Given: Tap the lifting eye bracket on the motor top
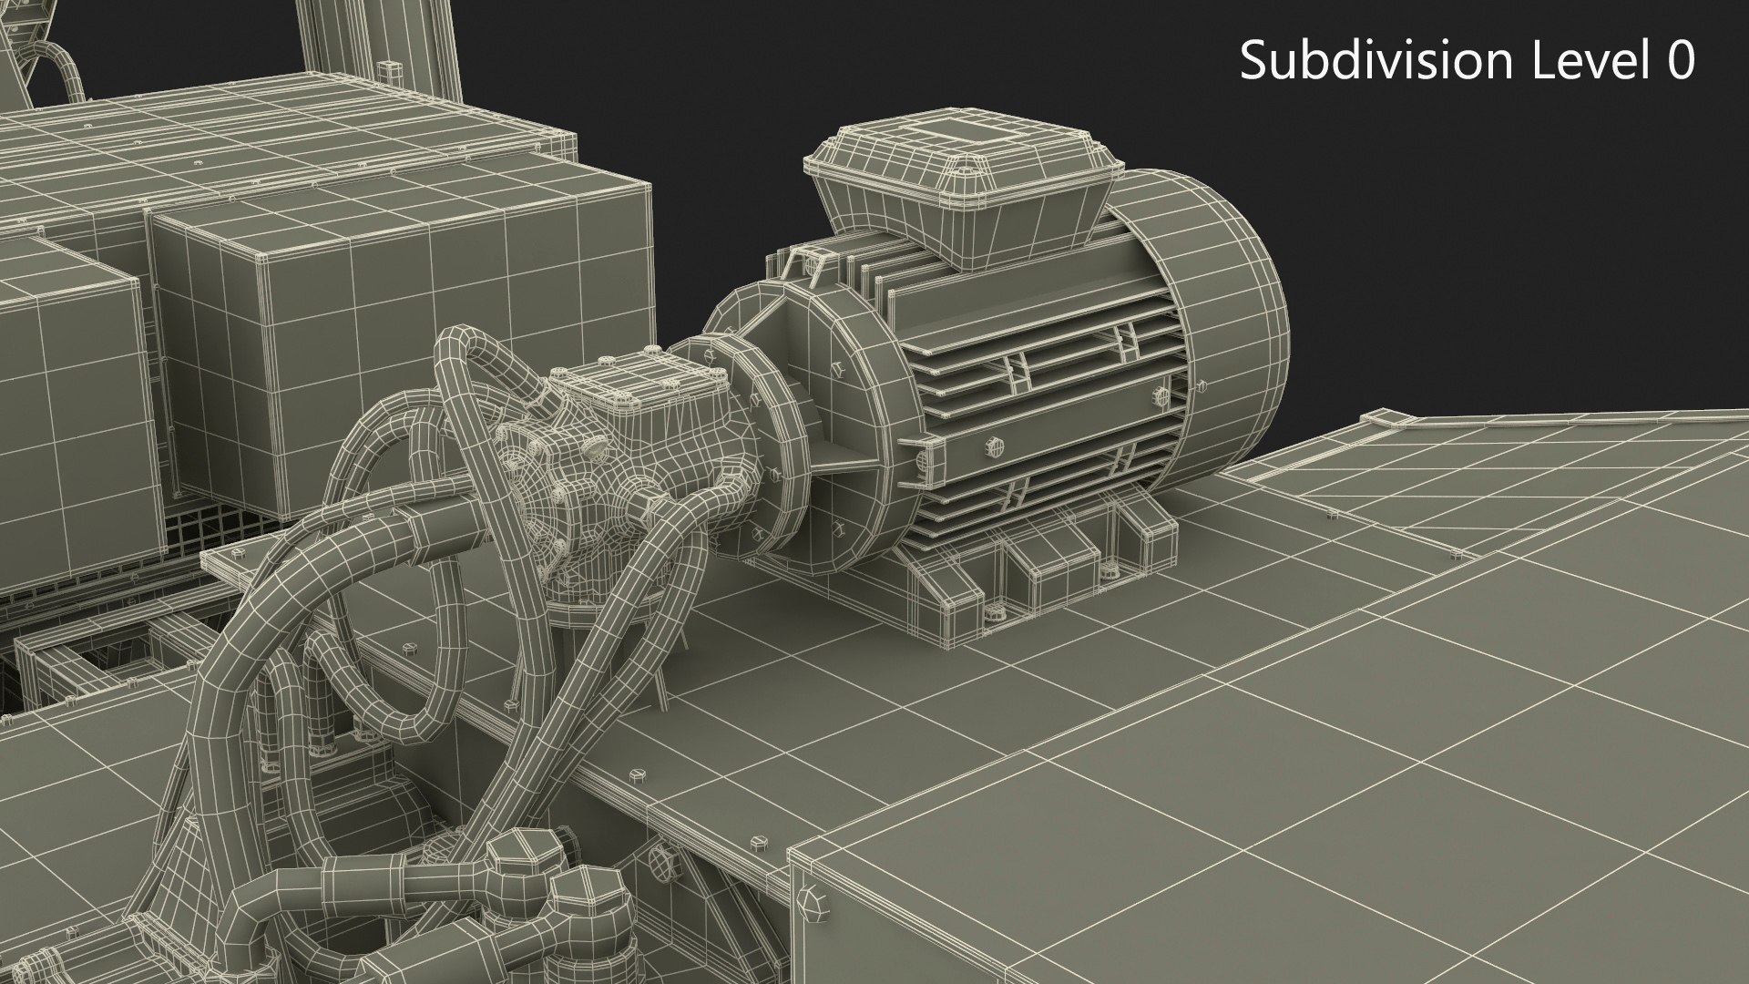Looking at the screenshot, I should pos(800,264).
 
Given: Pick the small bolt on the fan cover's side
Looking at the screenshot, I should pos(1161,395).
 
